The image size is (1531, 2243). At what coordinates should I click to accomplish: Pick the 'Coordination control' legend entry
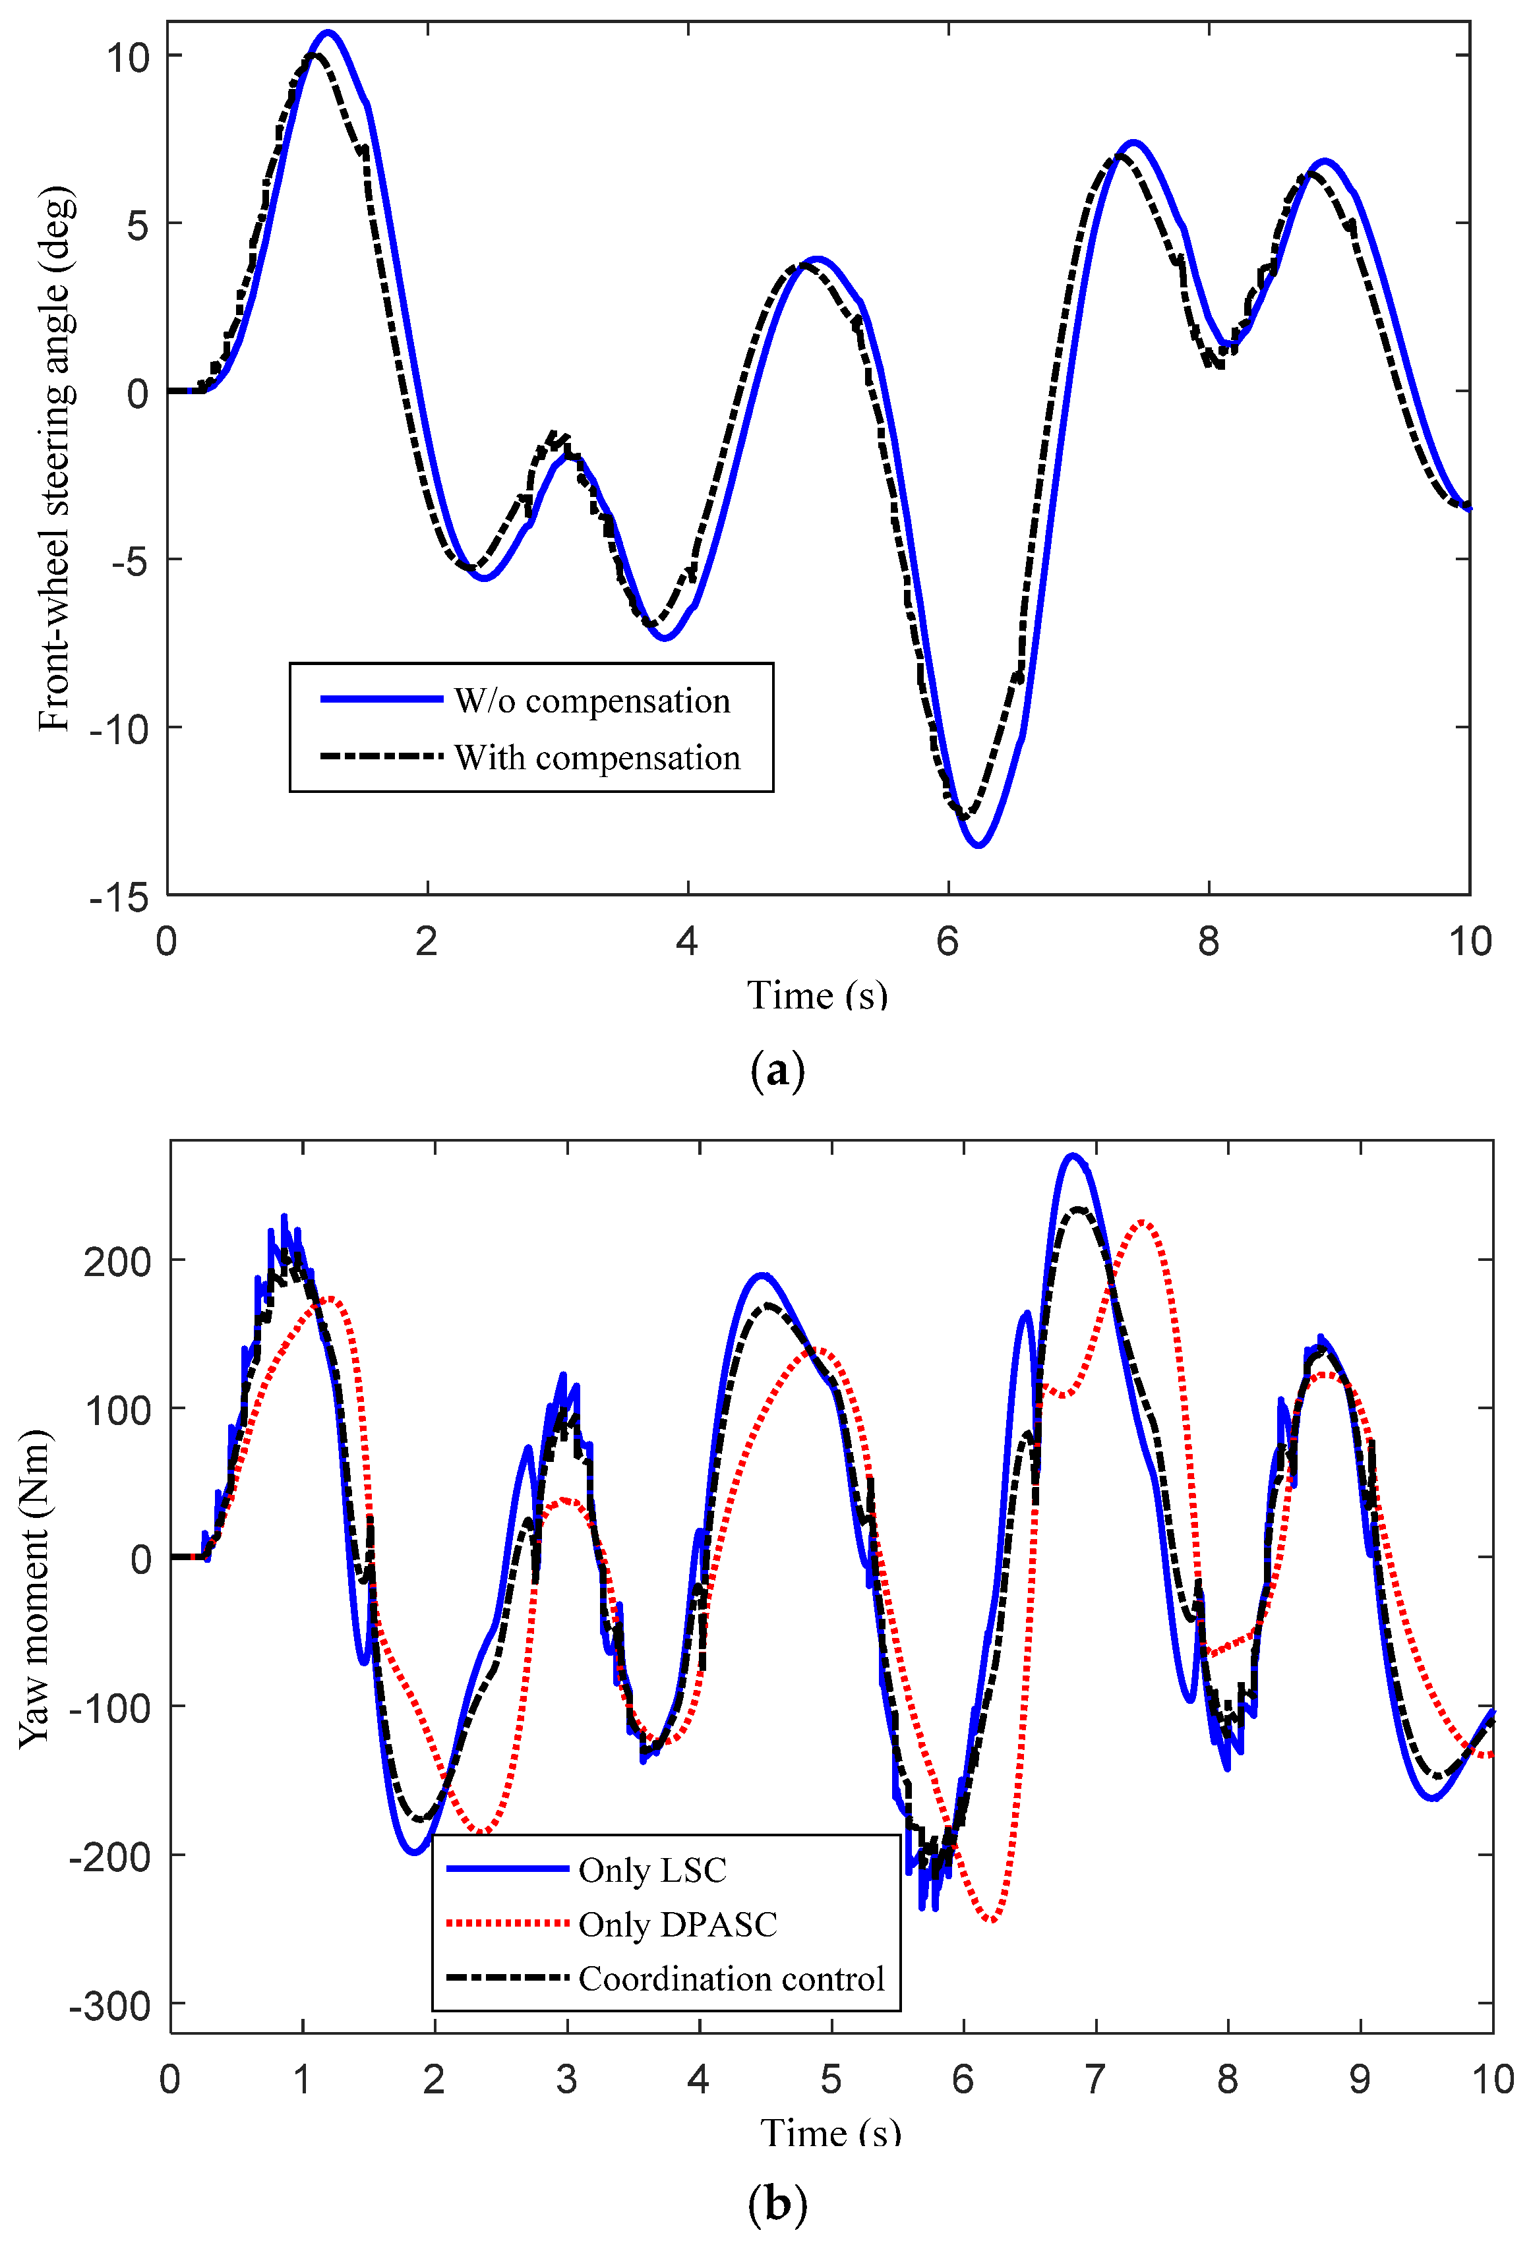click(731, 1979)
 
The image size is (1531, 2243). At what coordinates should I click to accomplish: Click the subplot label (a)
click(777, 1070)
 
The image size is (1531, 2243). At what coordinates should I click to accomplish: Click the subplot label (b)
click(777, 2203)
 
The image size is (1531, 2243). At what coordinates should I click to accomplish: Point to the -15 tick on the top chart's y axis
click(120, 898)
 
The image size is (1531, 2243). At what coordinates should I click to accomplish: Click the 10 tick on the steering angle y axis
click(129, 58)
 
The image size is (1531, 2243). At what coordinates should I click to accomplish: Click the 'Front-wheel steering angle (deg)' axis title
click(54, 459)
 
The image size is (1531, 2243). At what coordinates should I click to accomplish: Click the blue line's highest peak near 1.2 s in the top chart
click(328, 33)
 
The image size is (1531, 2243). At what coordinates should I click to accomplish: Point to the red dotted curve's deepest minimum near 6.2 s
click(992, 1919)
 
